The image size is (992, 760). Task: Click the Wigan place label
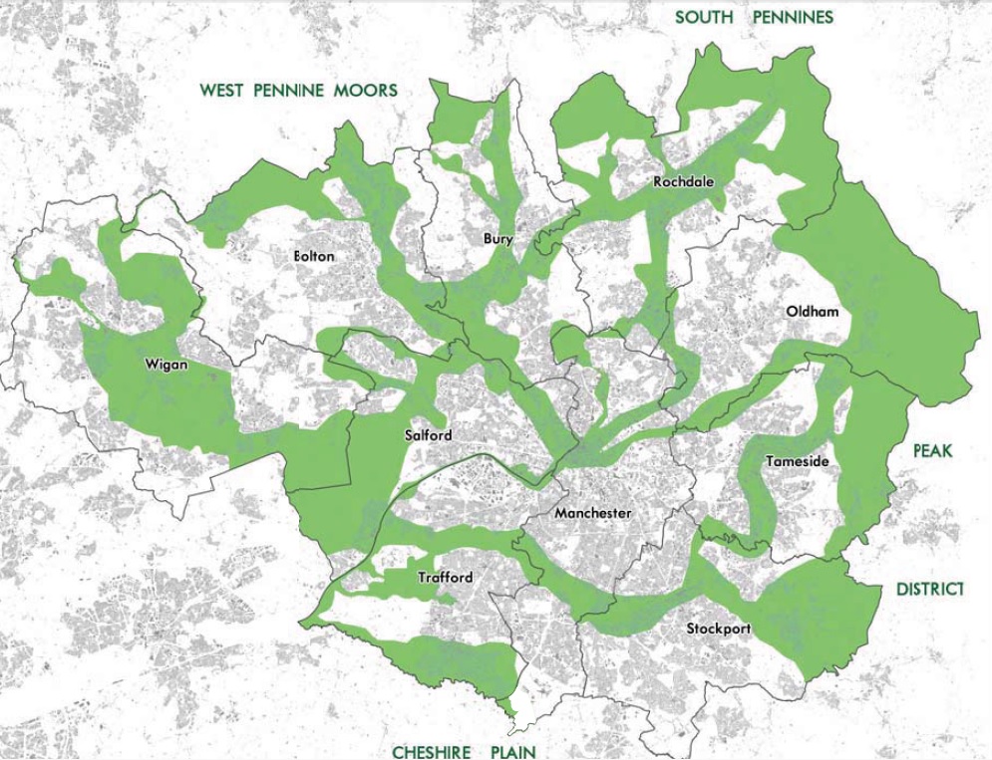click(166, 364)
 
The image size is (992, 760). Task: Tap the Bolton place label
click(314, 256)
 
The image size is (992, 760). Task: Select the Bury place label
click(498, 238)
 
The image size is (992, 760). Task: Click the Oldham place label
click(813, 311)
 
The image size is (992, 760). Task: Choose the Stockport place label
click(718, 629)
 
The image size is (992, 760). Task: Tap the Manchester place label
click(593, 513)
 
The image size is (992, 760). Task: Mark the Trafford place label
click(445, 578)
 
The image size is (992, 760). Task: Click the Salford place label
click(429, 435)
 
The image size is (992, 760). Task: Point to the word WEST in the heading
click(222, 91)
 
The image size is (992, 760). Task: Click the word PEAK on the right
click(932, 451)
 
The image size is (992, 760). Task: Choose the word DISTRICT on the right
click(929, 590)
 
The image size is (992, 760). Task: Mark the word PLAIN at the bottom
click(512, 752)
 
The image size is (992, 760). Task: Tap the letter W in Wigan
click(152, 364)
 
